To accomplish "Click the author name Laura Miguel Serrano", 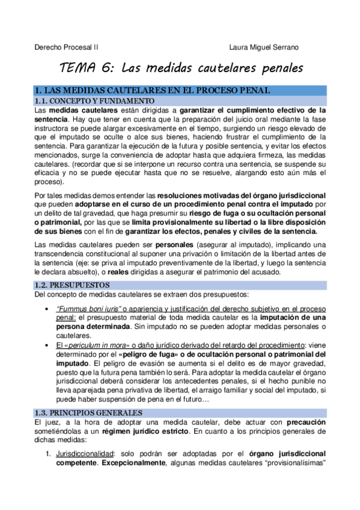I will click(x=264, y=47).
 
